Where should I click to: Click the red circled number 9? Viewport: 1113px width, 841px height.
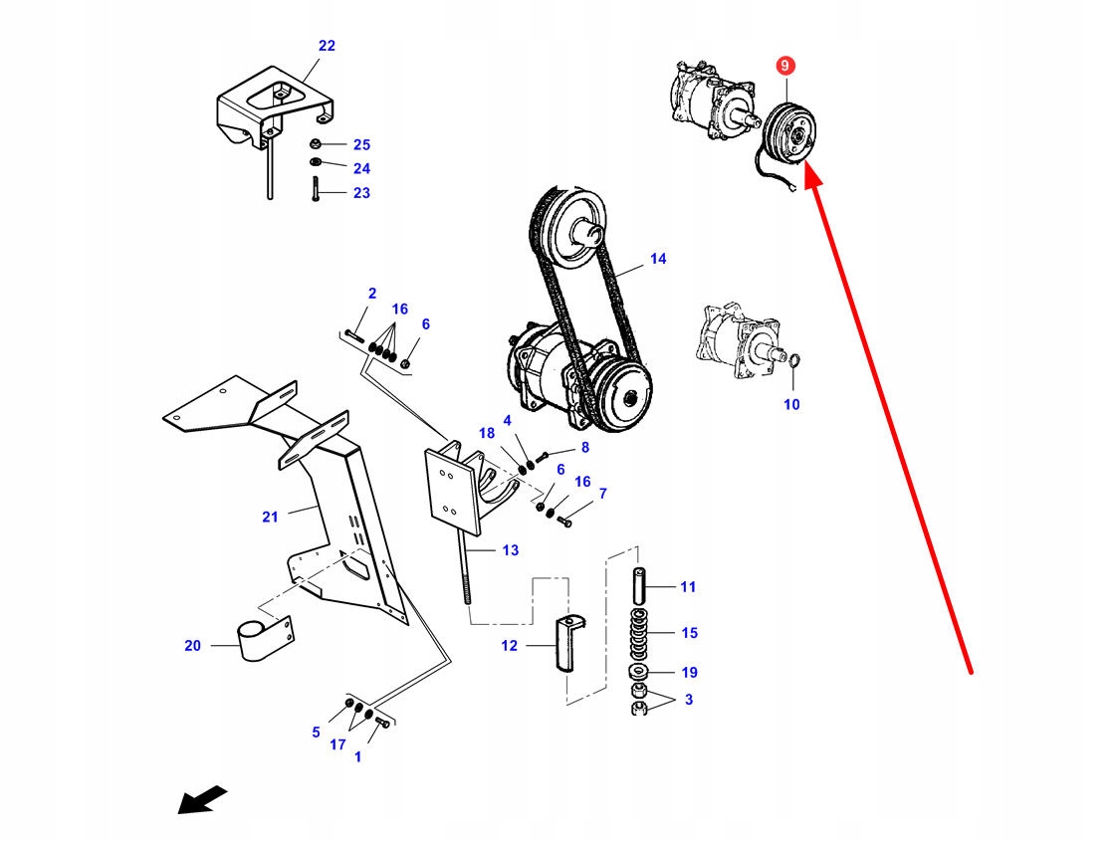tap(784, 66)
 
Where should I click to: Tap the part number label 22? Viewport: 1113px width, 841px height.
tap(327, 46)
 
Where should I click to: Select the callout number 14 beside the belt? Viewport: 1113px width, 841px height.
tap(658, 259)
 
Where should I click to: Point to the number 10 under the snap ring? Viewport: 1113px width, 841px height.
tap(791, 404)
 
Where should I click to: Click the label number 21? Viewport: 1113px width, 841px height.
tap(270, 516)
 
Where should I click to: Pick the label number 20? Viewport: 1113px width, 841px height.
tap(192, 646)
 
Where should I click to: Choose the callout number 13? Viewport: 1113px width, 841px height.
tap(510, 549)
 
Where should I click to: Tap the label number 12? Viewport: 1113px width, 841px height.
tap(510, 646)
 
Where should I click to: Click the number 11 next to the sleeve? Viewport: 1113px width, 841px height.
tap(689, 586)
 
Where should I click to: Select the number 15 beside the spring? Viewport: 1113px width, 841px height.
tap(689, 632)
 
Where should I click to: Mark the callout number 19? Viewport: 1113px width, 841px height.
tap(689, 672)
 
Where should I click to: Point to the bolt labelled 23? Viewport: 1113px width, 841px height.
tap(316, 189)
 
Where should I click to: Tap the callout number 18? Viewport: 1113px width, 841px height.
tap(486, 433)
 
